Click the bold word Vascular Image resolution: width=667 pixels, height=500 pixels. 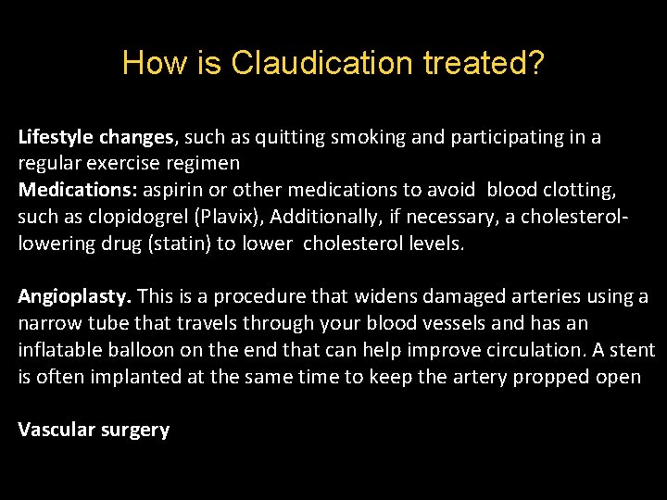click(x=55, y=431)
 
